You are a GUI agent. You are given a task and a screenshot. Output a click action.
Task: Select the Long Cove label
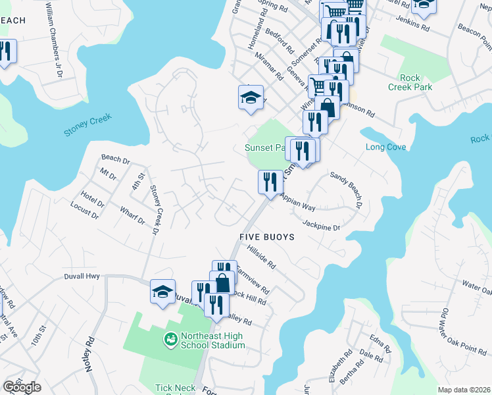tap(385, 147)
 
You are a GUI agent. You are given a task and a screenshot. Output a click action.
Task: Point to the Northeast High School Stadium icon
tap(170, 338)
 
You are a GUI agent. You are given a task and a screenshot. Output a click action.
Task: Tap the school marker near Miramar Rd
tap(250, 98)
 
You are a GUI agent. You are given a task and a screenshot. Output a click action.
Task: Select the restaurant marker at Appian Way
tap(270, 182)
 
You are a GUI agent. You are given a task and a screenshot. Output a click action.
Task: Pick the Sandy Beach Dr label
tap(347, 190)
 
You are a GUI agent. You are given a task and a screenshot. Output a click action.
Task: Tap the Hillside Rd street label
tap(261, 256)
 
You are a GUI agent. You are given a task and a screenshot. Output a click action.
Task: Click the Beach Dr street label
tap(115, 159)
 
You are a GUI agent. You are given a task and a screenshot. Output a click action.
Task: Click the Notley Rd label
tap(90, 355)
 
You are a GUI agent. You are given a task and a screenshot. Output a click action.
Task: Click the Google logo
tap(22, 387)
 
